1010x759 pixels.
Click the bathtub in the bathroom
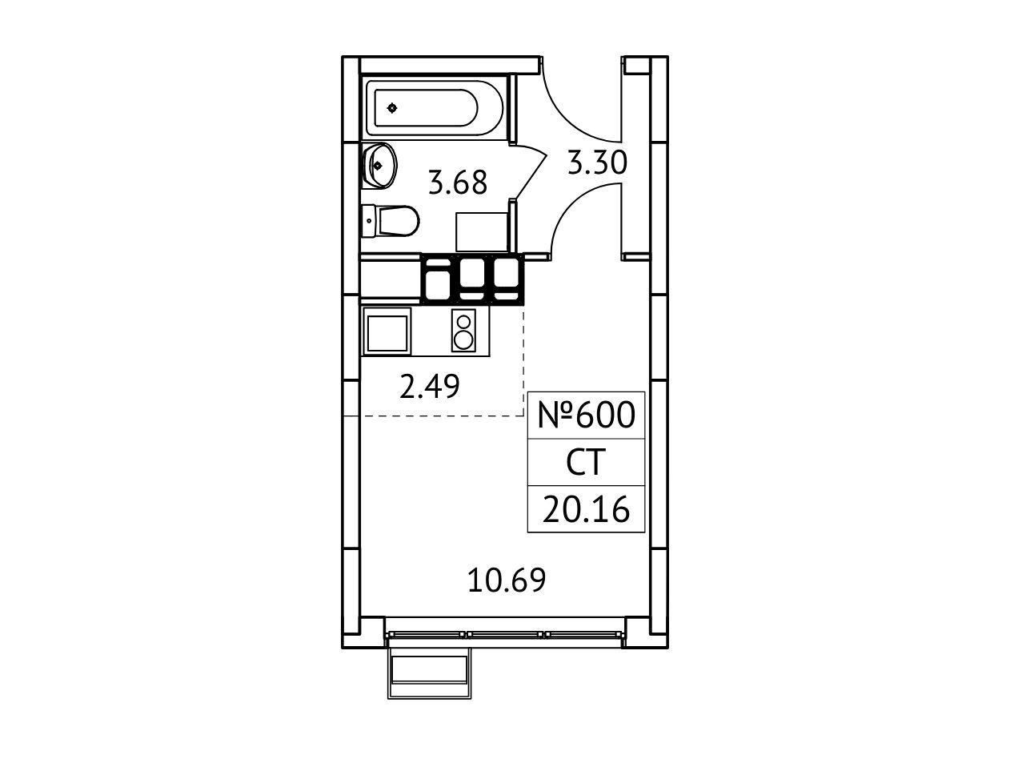point(435,108)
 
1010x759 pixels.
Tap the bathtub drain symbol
point(392,108)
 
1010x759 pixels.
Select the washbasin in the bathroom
point(379,166)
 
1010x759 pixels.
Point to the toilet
point(391,221)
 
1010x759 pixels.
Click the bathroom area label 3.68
point(457,183)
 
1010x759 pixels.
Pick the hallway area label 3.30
point(597,163)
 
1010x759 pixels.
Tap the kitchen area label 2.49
point(429,386)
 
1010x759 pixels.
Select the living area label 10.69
point(507,580)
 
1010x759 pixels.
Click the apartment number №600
point(586,415)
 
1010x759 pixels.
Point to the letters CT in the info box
point(585,462)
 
